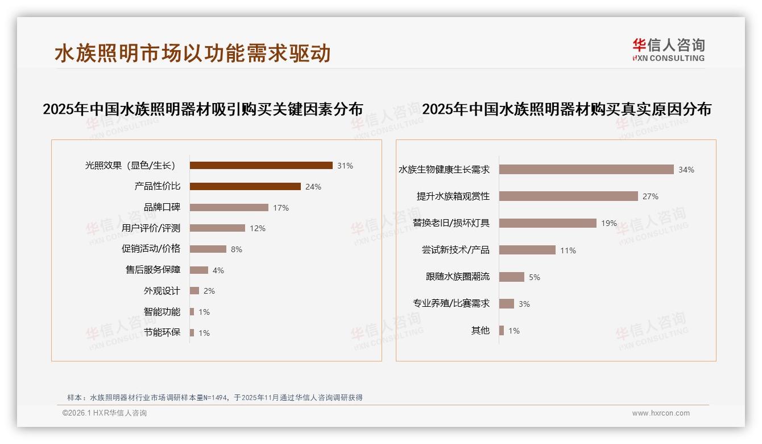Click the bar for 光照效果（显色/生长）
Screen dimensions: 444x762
[261, 166]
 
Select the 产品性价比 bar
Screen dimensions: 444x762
[245, 186]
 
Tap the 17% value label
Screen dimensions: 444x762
[281, 208]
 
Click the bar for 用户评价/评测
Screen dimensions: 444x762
[217, 228]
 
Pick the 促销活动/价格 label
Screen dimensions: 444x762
[151, 249]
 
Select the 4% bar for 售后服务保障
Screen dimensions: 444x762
[198, 270]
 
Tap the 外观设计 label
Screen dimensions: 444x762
[162, 291]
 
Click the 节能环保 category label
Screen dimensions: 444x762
[162, 332]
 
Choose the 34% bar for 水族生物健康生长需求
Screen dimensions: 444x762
[586, 170]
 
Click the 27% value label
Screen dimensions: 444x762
[651, 196]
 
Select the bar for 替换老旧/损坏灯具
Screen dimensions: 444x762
[548, 223]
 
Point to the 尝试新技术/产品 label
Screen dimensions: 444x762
[455, 250]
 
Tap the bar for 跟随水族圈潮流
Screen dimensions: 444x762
[512, 277]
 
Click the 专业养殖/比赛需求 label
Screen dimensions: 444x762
[451, 303]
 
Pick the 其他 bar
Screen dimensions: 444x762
[502, 330]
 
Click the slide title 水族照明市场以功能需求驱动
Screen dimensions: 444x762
[192, 54]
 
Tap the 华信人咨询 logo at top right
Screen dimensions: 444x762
[668, 50]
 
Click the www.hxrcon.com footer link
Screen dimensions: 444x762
[661, 413]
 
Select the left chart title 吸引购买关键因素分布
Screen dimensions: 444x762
[202, 109]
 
